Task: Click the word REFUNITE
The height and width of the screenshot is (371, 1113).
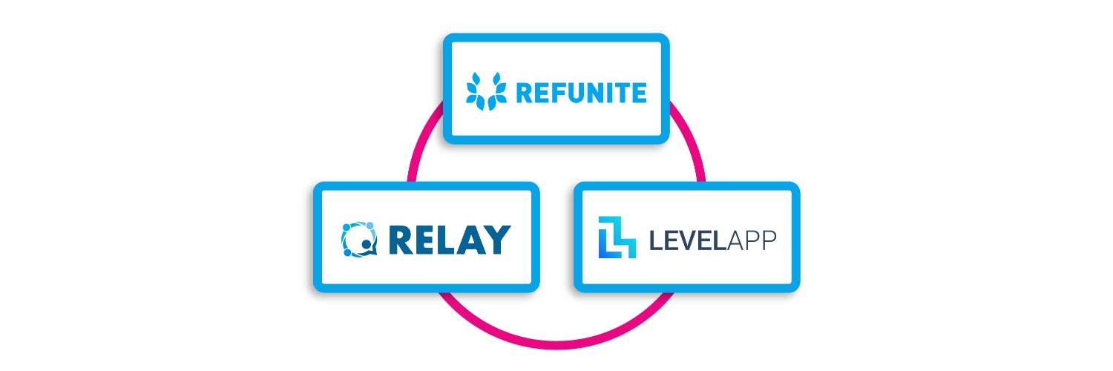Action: [x=581, y=93]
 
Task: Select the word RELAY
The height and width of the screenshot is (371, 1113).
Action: [x=449, y=239]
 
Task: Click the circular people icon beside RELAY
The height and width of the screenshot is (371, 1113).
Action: [x=359, y=239]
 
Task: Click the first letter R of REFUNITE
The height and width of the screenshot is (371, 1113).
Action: [x=524, y=93]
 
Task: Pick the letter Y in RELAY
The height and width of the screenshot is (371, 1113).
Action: [x=496, y=239]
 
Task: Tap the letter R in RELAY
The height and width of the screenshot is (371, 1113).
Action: [x=401, y=239]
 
